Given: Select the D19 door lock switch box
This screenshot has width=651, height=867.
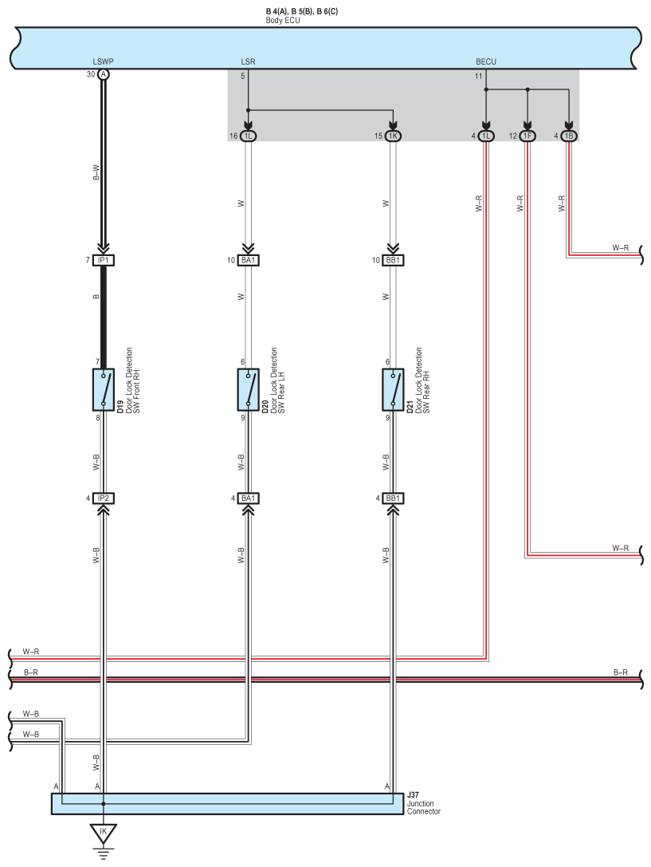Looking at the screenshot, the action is [x=104, y=390].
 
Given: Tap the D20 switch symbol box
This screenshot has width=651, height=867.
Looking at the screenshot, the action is [x=248, y=390].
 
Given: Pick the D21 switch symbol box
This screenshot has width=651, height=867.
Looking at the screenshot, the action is [x=393, y=390].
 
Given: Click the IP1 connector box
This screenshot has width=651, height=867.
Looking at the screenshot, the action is [x=104, y=260].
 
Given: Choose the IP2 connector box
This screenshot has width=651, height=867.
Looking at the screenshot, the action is [x=104, y=499].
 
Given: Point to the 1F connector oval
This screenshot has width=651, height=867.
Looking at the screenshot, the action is [x=527, y=136].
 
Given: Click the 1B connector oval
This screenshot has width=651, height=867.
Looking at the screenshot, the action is [x=569, y=136].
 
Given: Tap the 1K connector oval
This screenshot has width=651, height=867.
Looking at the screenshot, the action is [x=393, y=136].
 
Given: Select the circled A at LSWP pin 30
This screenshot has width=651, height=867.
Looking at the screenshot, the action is [x=104, y=74].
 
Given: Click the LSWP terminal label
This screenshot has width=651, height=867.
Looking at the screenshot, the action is [x=104, y=61].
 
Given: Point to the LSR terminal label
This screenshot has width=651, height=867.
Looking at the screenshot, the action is [x=248, y=61].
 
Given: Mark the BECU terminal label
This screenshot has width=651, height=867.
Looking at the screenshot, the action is [x=486, y=61].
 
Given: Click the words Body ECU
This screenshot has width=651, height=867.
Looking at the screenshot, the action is [x=283, y=21].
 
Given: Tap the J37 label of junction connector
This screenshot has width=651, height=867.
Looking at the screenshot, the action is [x=413, y=794].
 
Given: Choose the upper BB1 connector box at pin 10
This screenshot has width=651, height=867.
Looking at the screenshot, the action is [x=393, y=260].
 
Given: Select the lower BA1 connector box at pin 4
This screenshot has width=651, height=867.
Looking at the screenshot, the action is [x=248, y=499].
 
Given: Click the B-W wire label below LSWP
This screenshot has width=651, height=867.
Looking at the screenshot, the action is [x=96, y=173].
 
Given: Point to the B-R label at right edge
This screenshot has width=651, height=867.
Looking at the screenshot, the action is [x=621, y=672].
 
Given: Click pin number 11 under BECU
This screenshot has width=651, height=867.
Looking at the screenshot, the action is [x=478, y=77].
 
